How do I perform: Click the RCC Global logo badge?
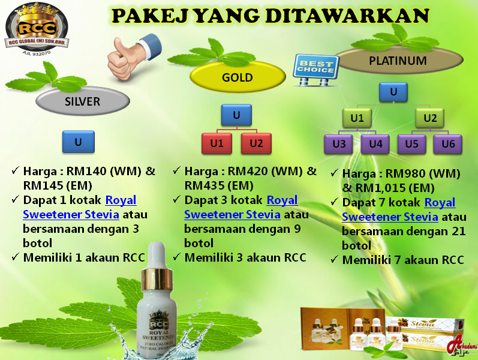(36, 26)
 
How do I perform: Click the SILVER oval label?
(83, 101)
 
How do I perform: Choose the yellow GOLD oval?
(237, 77)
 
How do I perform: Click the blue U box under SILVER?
(78, 142)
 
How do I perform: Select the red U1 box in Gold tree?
(217, 143)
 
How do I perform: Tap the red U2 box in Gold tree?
(256, 143)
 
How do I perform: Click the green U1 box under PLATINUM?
(357, 118)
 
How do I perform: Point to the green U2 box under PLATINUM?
(430, 118)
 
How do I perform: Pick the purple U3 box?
(339, 144)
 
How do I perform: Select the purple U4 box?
(375, 144)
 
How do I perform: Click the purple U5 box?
(411, 144)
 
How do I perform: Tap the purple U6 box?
(448, 144)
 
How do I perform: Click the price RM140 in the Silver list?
(84, 171)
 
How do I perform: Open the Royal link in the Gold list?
(282, 200)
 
